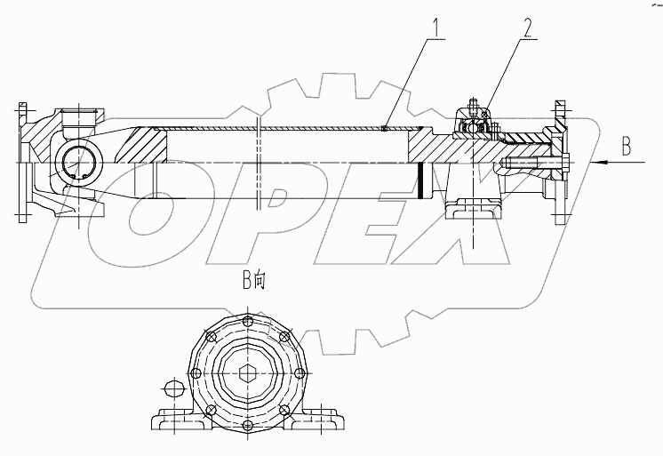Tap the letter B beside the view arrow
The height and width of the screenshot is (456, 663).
(626, 148)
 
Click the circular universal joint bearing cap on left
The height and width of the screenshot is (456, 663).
(79, 164)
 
